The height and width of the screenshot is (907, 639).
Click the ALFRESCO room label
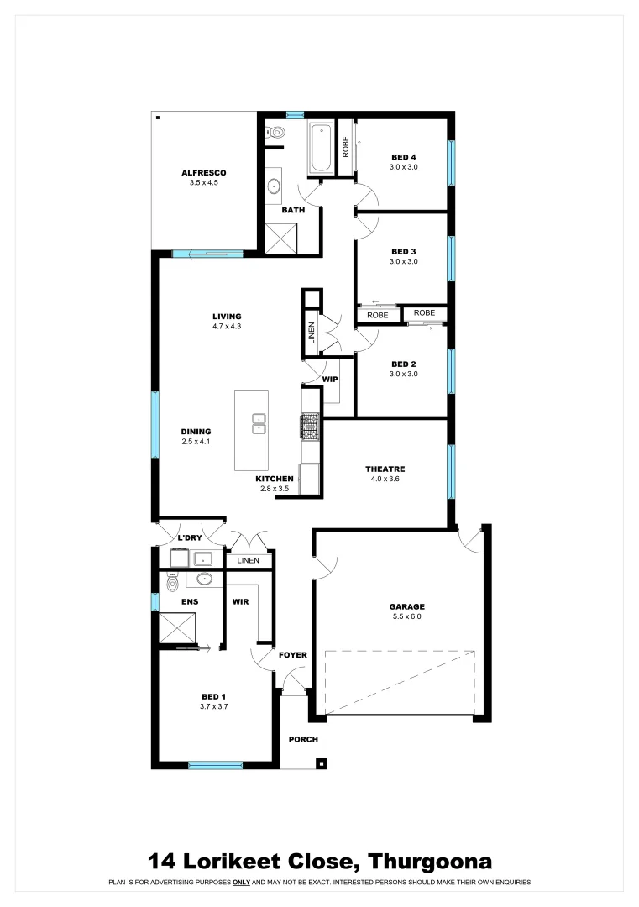tap(204, 172)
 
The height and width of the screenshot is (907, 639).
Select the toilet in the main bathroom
tap(275, 133)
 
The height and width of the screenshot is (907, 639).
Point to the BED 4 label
tap(403, 157)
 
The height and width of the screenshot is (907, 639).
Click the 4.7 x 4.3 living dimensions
tap(227, 327)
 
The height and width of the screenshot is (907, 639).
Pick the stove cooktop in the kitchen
tap(311, 426)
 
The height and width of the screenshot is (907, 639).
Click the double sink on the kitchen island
tap(259, 423)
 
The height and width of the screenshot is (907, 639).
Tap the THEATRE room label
tap(385, 469)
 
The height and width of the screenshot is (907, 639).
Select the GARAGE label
tap(406, 606)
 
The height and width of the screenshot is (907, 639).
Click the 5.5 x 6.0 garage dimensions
tap(406, 616)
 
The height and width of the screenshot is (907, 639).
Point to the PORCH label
tap(303, 740)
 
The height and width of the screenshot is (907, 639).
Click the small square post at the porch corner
tap(320, 763)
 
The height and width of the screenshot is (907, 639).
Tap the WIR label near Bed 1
tap(241, 602)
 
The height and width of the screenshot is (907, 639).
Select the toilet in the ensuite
tap(172, 582)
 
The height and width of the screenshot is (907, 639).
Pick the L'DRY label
tap(187, 537)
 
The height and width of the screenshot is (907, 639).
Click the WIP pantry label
tap(330, 380)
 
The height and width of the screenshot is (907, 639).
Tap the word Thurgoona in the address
tap(430, 862)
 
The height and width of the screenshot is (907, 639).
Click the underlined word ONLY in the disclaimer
tap(244, 883)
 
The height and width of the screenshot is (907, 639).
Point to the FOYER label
tap(293, 655)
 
